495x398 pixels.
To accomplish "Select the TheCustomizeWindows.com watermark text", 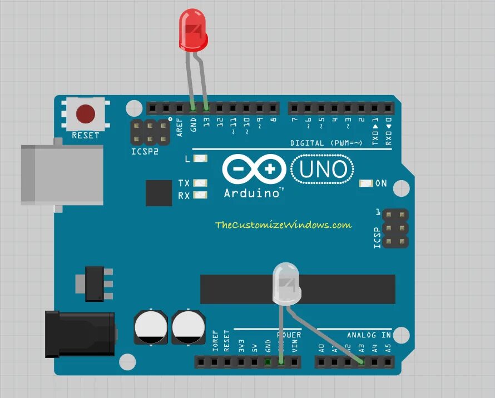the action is click(283, 225).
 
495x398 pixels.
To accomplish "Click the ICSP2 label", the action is click(145, 151).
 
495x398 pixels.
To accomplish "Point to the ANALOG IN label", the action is click(369, 335).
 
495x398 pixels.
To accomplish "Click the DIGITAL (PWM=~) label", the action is click(326, 143).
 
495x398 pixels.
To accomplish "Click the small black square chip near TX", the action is click(159, 193).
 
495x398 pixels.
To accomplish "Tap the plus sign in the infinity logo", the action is click(270, 169).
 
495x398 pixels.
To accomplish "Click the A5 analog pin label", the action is click(388, 349).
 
